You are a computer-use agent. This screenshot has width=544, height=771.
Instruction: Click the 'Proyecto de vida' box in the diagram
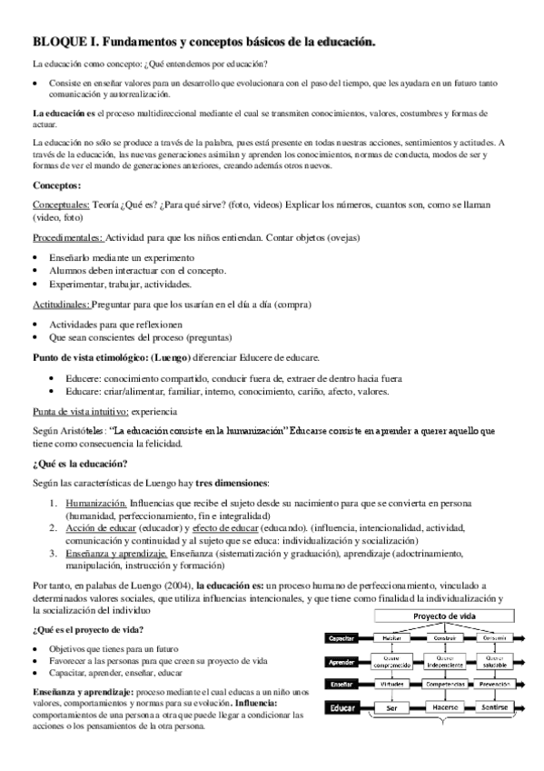click(x=445, y=616)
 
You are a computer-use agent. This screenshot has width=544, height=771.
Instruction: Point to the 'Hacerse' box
click(x=445, y=707)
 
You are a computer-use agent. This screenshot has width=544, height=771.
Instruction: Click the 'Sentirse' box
click(x=496, y=707)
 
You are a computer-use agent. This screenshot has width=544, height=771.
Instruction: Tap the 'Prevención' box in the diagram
click(x=496, y=684)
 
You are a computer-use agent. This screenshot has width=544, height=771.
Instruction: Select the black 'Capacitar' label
click(x=341, y=638)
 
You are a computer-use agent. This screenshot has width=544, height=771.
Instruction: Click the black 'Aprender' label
click(x=341, y=661)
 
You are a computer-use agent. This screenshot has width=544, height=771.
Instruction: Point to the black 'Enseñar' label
click(x=341, y=684)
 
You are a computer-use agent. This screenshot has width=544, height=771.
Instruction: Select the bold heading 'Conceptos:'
click(x=57, y=185)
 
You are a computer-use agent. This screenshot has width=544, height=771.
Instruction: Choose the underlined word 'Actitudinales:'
click(x=60, y=306)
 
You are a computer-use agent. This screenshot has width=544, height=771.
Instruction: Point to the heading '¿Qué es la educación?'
click(x=80, y=463)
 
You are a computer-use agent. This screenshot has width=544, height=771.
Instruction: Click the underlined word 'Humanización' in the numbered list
click(x=95, y=501)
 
